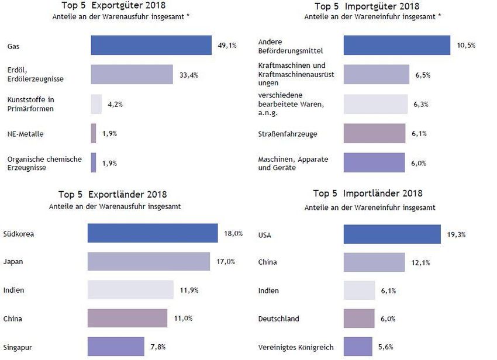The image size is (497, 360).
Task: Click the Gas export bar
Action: [151, 45]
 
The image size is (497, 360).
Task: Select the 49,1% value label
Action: [227, 45]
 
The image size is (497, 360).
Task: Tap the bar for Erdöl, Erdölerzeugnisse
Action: [132, 74]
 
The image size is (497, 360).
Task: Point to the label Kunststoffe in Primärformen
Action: [31, 104]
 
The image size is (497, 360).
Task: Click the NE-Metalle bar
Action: [94, 134]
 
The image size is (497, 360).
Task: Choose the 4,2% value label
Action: [115, 104]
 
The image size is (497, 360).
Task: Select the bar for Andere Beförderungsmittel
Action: [396, 46]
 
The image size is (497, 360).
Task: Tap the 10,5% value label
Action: [466, 46]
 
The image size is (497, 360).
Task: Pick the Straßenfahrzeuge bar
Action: [374, 133]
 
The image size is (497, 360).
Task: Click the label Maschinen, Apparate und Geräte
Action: [293, 163]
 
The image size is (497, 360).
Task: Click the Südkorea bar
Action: [153, 233]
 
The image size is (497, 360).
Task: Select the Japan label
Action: [13, 262]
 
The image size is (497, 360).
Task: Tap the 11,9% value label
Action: [189, 290]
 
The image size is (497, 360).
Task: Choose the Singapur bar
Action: [116, 347]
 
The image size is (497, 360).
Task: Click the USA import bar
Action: [392, 234]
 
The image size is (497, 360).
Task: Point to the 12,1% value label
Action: [420, 262]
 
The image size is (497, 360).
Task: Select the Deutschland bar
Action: [359, 319]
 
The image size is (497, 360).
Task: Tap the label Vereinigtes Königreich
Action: [296, 347]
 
